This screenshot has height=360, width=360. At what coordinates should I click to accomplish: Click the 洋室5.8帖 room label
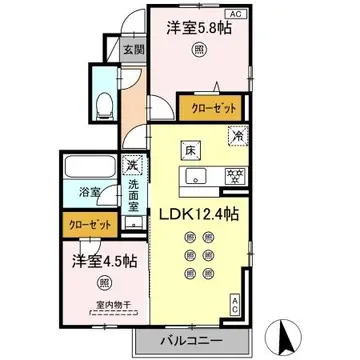click(x=200, y=30)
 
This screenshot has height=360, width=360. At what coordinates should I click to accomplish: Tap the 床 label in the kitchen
click(x=189, y=150)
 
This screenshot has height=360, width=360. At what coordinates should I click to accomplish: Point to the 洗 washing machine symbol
click(x=131, y=167)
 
